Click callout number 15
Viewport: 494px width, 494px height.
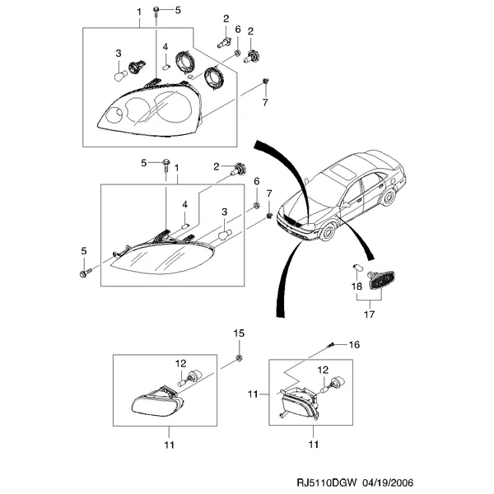click(x=239, y=333)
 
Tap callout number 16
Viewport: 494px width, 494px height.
click(x=354, y=345)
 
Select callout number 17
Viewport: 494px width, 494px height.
click(x=369, y=315)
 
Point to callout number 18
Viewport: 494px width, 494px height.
click(x=357, y=287)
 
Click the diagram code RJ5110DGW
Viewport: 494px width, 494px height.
click(x=326, y=482)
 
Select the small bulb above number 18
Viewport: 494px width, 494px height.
click(x=357, y=268)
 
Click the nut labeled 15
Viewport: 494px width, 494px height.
click(x=239, y=357)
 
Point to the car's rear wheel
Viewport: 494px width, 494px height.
click(x=389, y=197)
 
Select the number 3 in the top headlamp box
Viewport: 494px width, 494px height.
click(x=119, y=54)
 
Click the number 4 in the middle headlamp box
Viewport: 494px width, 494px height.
click(x=184, y=204)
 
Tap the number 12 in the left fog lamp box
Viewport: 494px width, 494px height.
click(x=181, y=364)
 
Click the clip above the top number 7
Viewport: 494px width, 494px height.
click(x=265, y=81)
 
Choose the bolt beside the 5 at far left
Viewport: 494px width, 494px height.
click(x=86, y=273)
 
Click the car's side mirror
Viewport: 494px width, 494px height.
click(x=347, y=205)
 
